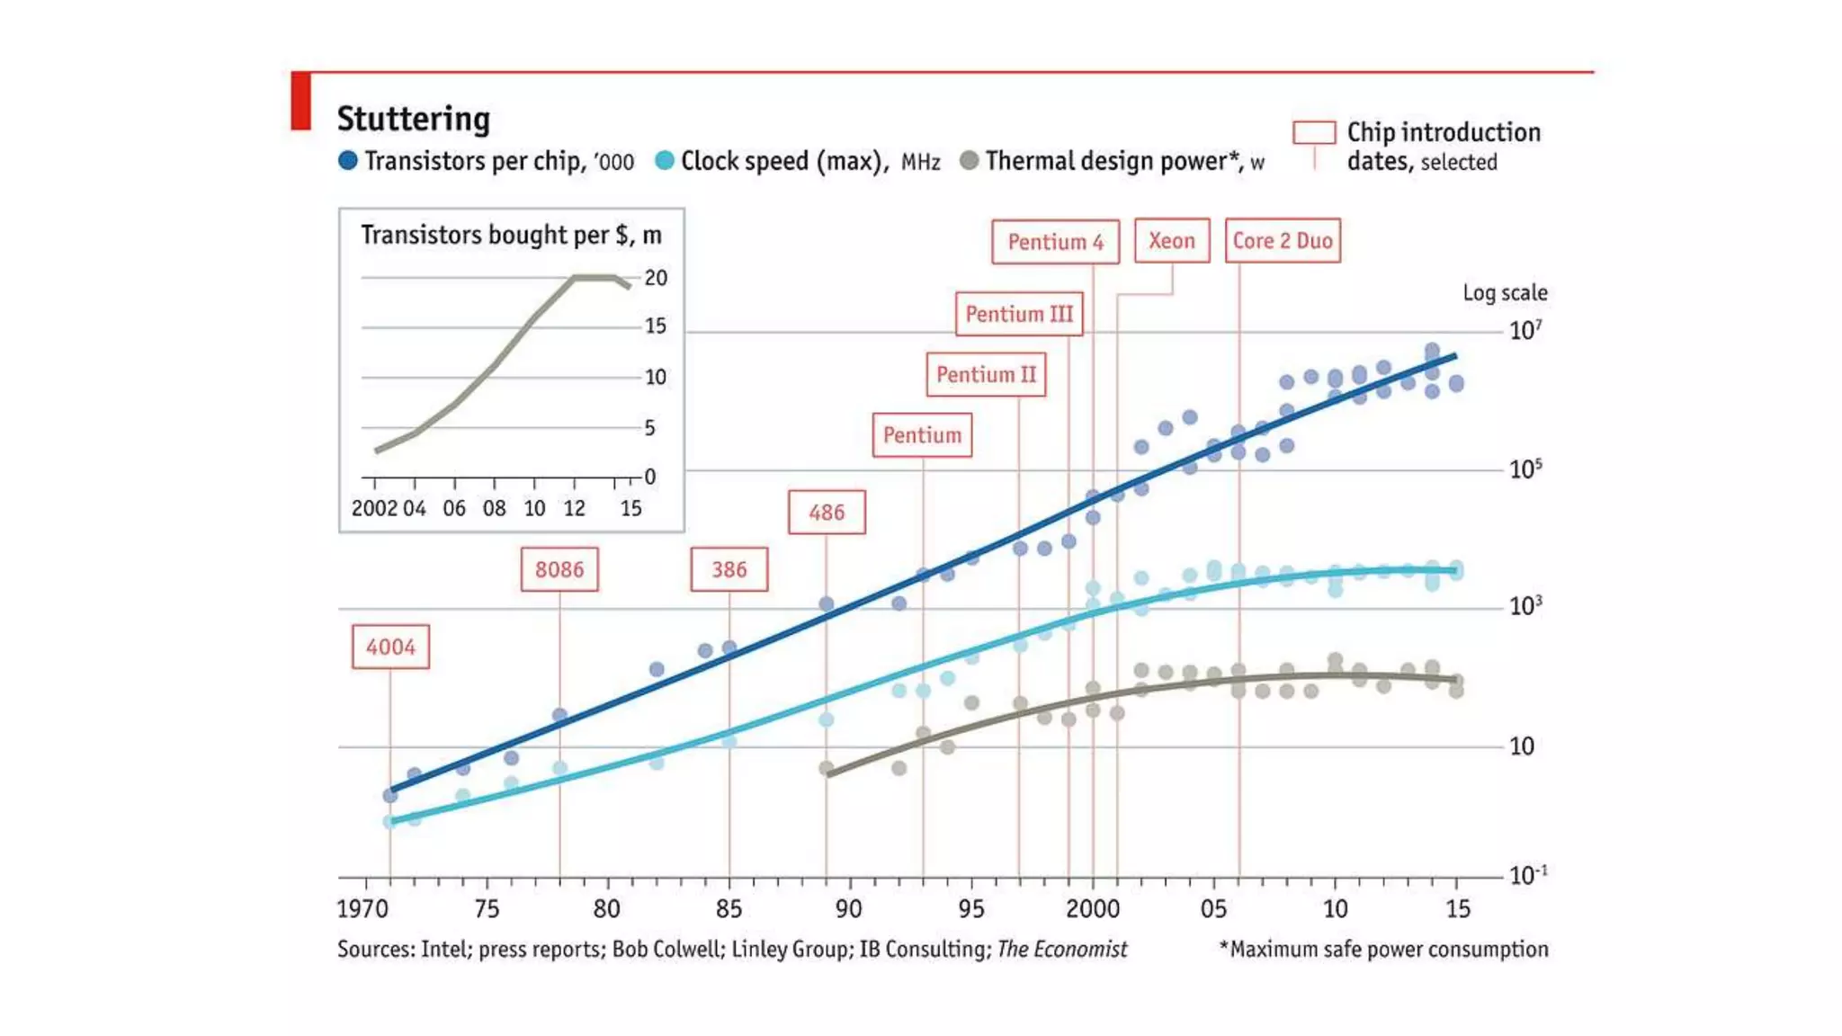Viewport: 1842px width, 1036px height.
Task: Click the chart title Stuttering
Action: pos(414,119)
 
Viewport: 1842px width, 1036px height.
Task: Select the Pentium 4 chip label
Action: pos(1055,242)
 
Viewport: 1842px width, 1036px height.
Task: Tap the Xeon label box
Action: pos(1171,241)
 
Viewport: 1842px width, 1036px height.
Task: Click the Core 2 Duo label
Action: pos(1282,241)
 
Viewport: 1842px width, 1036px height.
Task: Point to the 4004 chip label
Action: pos(390,647)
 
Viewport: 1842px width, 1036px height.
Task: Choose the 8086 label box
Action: pos(559,569)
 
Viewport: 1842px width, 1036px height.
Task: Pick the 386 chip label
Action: pos(729,569)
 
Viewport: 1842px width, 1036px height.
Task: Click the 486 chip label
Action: pos(827,513)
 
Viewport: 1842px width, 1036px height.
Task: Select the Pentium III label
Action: pos(1018,315)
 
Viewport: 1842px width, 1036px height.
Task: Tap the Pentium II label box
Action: pos(986,374)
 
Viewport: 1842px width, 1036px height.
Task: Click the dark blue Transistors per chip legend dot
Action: pos(348,161)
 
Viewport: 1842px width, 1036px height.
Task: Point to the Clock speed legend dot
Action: pos(665,161)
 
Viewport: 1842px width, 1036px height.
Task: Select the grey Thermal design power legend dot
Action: pos(969,161)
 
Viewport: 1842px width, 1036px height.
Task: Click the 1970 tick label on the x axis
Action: pos(362,908)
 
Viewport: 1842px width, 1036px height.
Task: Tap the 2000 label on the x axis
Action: pos(1093,908)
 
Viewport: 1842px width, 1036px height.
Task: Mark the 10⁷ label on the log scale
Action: pos(1525,330)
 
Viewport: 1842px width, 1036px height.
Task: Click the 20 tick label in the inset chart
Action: pos(656,278)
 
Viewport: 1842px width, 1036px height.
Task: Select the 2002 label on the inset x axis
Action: pos(374,508)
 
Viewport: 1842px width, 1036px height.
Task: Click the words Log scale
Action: pos(1505,292)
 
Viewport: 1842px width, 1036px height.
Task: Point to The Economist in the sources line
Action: pos(1061,949)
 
